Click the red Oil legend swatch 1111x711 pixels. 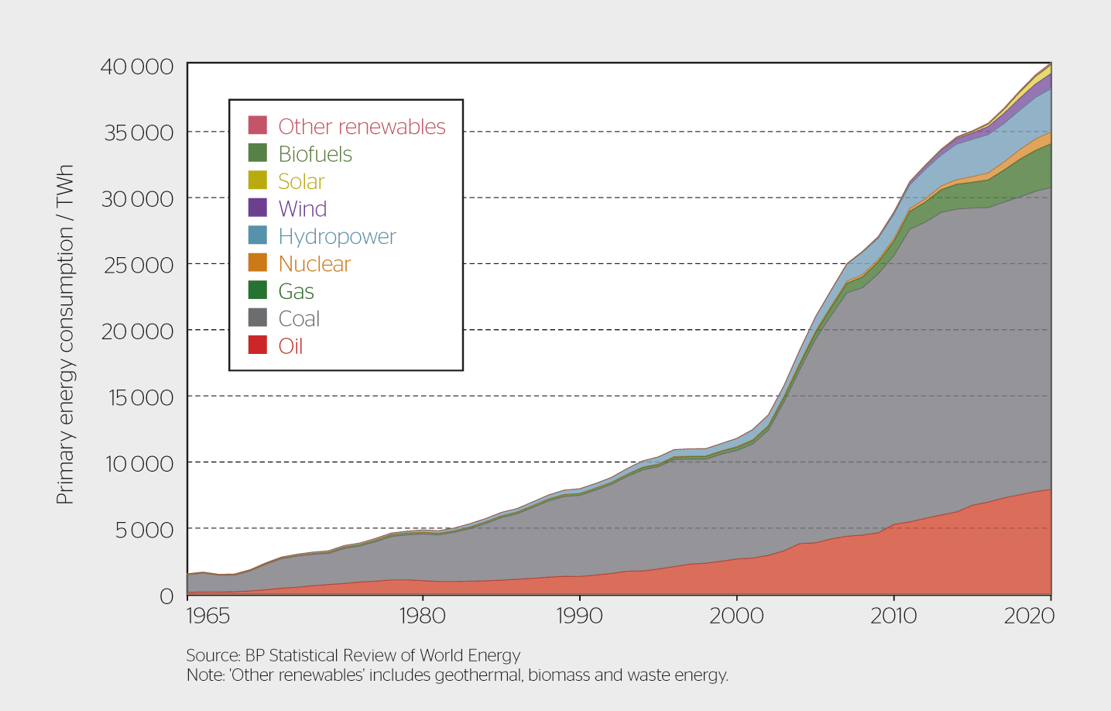point(258,345)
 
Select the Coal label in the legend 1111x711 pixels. point(299,318)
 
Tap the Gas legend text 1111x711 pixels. point(296,291)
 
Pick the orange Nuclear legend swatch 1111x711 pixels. point(258,263)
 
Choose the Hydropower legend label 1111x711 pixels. point(337,236)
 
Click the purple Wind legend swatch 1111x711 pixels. point(258,208)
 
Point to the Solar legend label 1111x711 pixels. point(301,181)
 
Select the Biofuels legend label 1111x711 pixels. point(315,154)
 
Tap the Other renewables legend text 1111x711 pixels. point(362,126)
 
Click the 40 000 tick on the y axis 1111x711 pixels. point(137,67)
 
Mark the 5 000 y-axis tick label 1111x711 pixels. point(144,530)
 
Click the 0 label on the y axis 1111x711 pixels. point(166,596)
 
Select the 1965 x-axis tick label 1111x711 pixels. point(208,616)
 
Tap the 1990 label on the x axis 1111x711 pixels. point(579,616)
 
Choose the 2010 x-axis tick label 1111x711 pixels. point(893,616)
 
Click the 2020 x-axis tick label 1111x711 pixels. point(1029,616)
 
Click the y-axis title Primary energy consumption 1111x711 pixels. point(65,335)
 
